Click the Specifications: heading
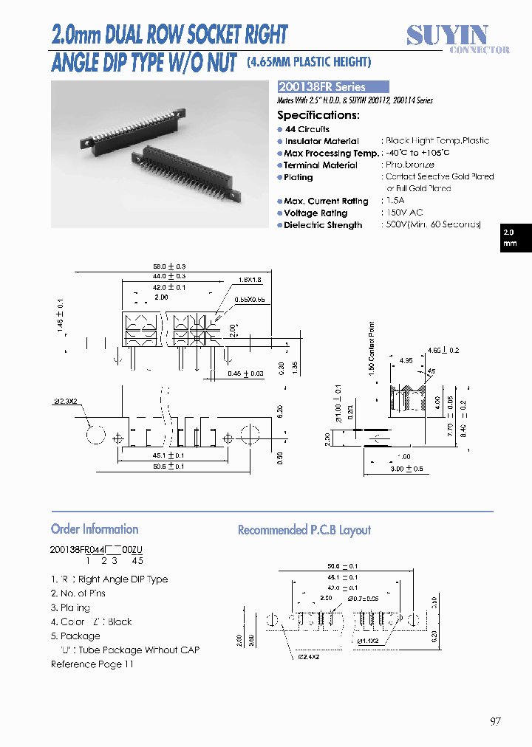(x=318, y=115)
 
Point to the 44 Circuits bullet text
(x=307, y=129)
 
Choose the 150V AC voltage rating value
(x=403, y=213)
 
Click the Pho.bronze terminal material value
(x=410, y=165)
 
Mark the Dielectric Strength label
(x=323, y=225)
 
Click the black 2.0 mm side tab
(x=516, y=238)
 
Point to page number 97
(x=495, y=721)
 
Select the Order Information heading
(x=95, y=529)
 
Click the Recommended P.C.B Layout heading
(x=304, y=530)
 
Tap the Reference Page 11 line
(x=92, y=664)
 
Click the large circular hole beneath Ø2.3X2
(x=95, y=435)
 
